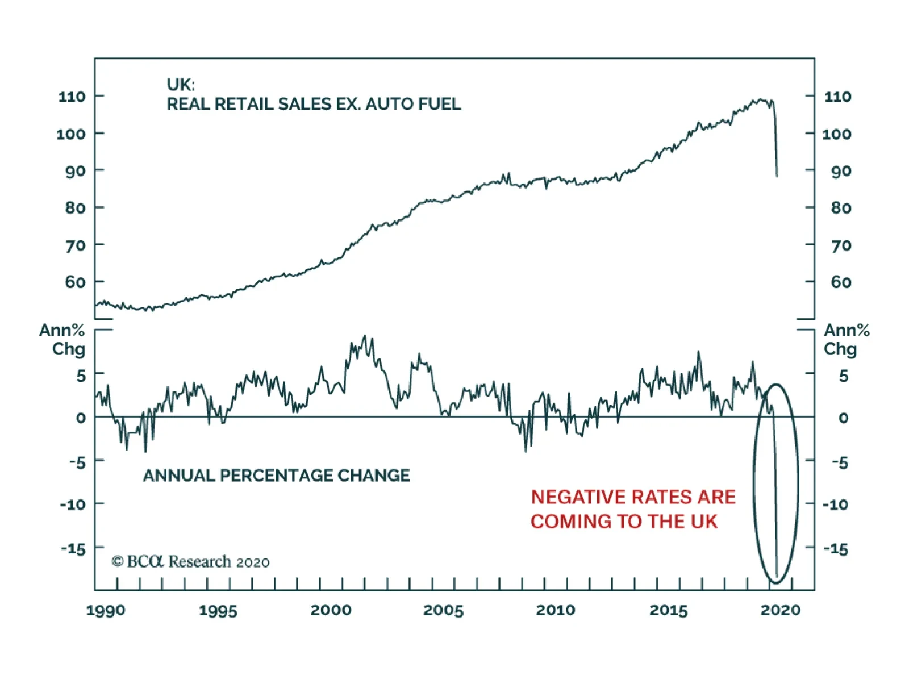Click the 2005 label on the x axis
(x=443, y=611)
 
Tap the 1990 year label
(x=106, y=611)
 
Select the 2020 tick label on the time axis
(x=781, y=611)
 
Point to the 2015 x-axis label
(x=668, y=611)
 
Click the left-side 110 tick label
(x=72, y=97)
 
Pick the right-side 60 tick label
(x=841, y=282)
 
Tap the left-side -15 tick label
(x=73, y=549)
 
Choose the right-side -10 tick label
(x=836, y=504)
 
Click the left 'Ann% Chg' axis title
(x=62, y=339)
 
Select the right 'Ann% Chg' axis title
(x=847, y=339)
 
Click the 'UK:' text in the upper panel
(x=181, y=85)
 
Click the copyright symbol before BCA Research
(x=118, y=562)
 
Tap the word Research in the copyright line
(x=200, y=562)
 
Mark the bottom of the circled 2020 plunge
(x=777, y=577)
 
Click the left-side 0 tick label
(x=81, y=418)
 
